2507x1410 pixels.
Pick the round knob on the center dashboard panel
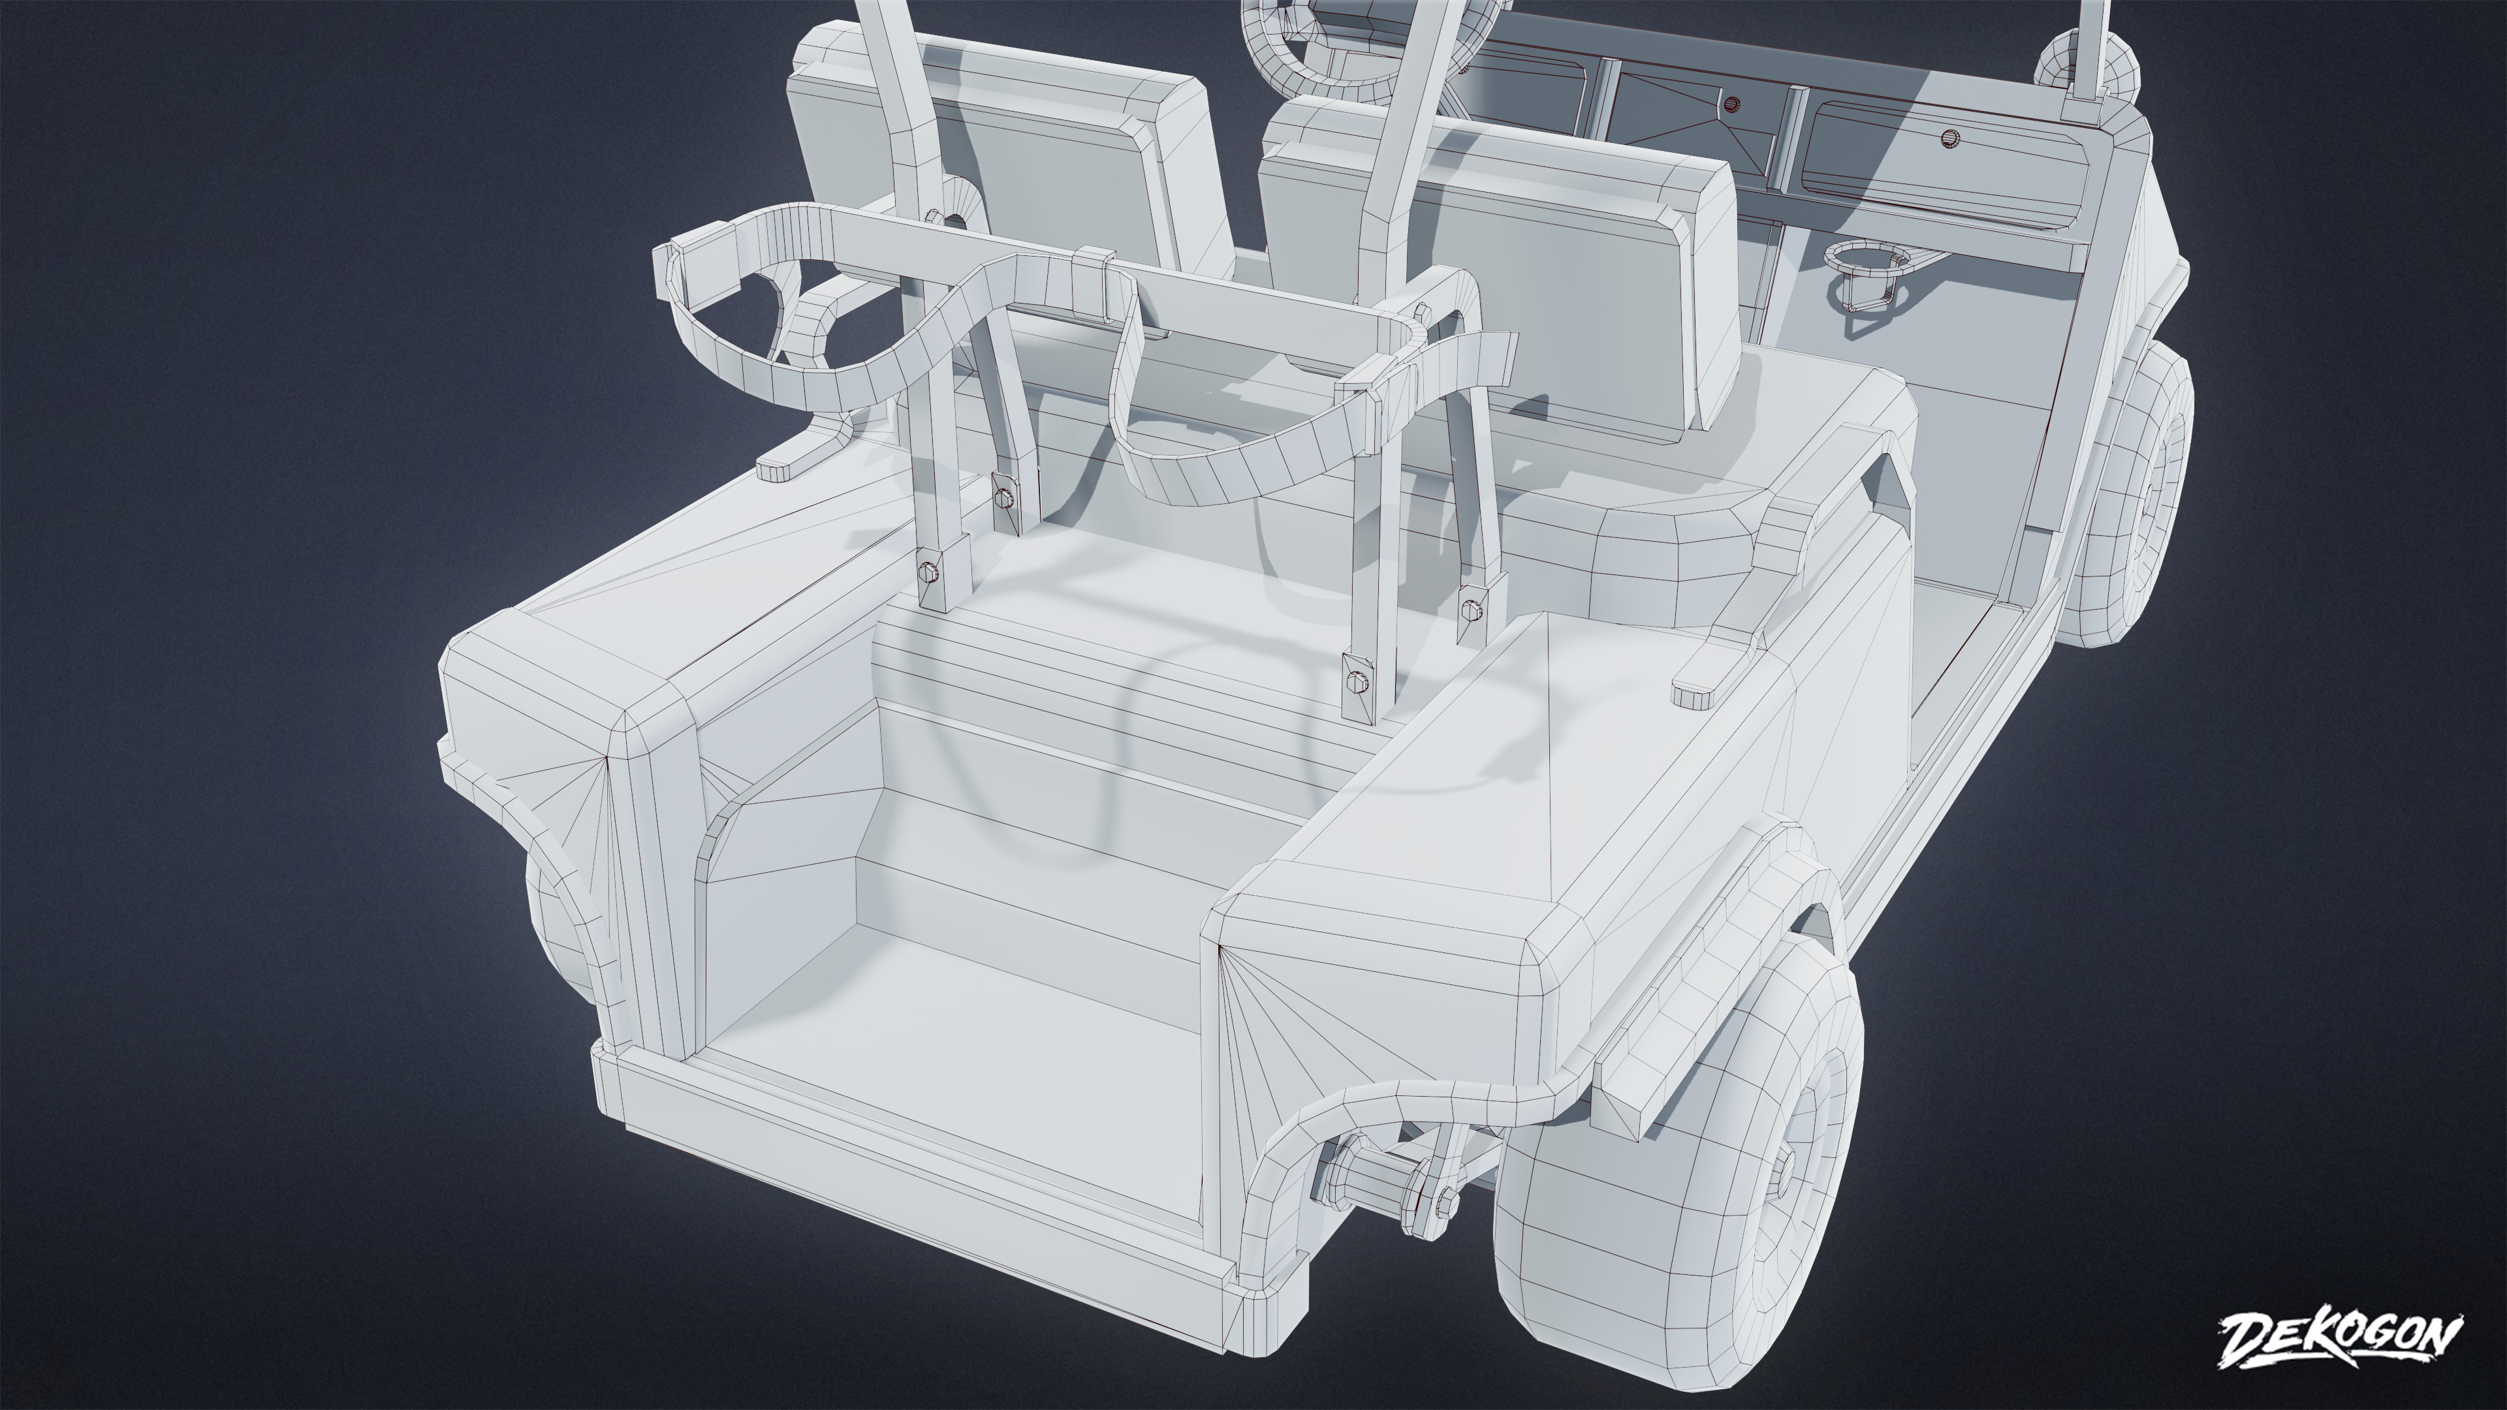1730,102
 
